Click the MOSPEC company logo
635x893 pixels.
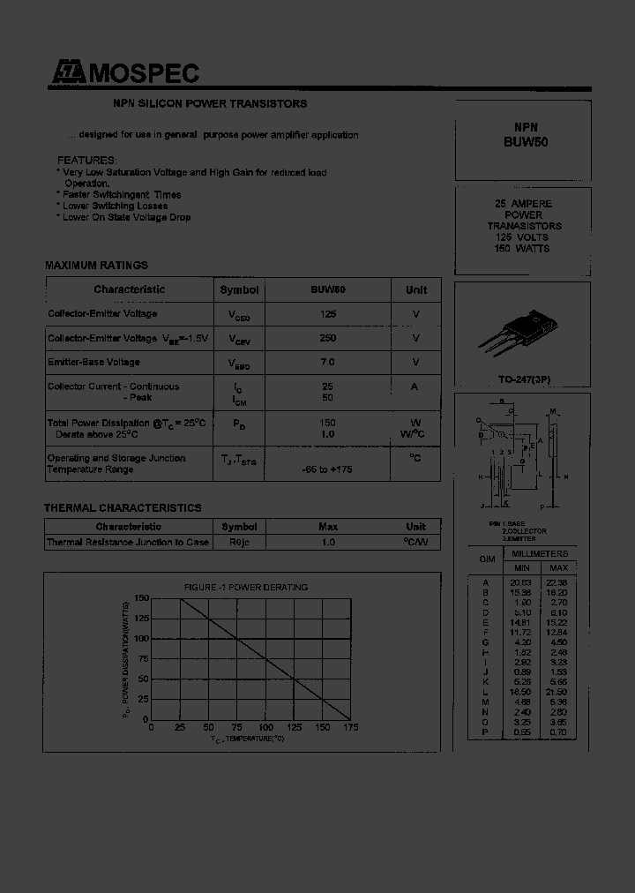(x=123, y=74)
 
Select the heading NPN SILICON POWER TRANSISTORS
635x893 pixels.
(x=210, y=104)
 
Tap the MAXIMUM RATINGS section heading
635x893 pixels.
(x=96, y=266)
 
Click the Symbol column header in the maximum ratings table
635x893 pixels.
(x=239, y=289)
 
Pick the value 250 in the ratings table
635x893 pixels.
(x=327, y=338)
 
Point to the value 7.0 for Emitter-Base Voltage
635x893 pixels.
(x=327, y=362)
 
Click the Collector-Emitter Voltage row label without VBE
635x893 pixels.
(x=102, y=314)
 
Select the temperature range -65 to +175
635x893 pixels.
(x=327, y=469)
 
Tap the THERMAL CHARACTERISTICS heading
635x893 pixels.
(x=123, y=508)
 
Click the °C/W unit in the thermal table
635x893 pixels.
(x=415, y=542)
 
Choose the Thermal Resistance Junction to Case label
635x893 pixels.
(x=128, y=542)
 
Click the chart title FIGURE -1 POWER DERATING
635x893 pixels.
(x=246, y=587)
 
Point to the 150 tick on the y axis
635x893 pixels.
(x=141, y=599)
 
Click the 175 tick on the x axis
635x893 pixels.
(x=350, y=728)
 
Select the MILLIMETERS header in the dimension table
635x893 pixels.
(x=540, y=553)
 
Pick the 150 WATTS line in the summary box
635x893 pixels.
(x=522, y=249)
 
